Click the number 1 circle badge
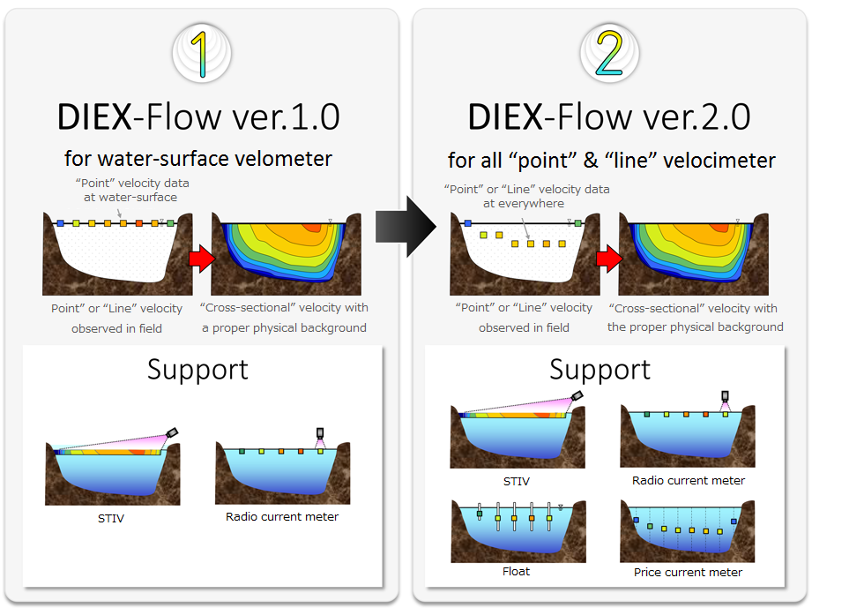[x=202, y=54]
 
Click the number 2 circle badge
[x=609, y=54]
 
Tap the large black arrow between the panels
[x=406, y=226]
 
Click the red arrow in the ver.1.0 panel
[x=202, y=259]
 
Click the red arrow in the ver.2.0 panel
[x=609, y=259]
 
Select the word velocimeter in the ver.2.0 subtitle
[x=719, y=161]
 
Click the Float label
[x=517, y=572]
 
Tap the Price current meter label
[x=688, y=572]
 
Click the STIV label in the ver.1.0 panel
[x=111, y=519]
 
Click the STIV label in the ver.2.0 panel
[x=517, y=482]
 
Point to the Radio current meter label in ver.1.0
[x=282, y=516]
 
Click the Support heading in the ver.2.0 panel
[x=600, y=370]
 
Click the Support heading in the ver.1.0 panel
[x=197, y=370]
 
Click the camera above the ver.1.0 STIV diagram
[x=172, y=432]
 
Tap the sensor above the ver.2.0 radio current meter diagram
[x=725, y=396]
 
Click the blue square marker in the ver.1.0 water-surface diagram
[x=61, y=223]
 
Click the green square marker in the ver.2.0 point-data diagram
[x=578, y=223]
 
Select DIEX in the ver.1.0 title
[x=95, y=117]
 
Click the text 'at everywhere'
[x=524, y=204]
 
